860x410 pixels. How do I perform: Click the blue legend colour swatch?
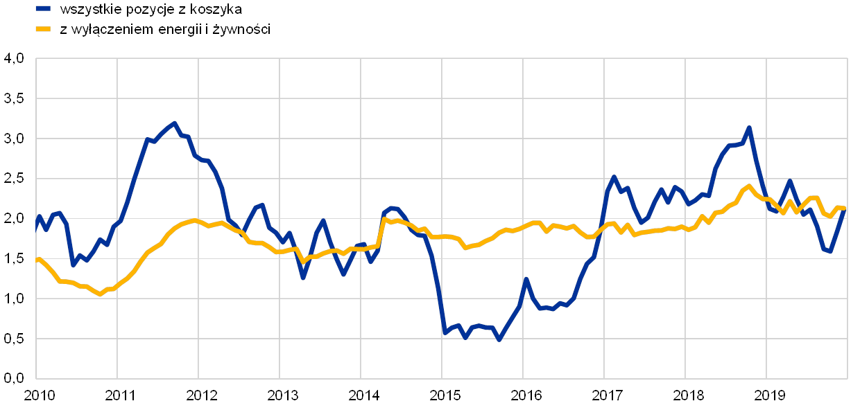pos(44,10)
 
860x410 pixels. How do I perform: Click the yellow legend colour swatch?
pos(44,29)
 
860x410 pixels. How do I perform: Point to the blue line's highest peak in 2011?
pos(174,123)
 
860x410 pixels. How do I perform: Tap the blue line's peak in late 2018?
pos(749,127)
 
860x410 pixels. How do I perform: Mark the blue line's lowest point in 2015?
pos(499,339)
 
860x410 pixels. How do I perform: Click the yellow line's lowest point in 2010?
pos(101,294)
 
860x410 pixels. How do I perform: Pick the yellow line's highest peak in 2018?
pos(749,186)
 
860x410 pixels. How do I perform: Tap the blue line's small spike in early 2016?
pos(526,279)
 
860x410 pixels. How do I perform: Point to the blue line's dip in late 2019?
pos(830,251)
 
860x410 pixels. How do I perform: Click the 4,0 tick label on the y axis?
pos(14,60)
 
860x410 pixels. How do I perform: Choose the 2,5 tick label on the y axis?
pos(14,179)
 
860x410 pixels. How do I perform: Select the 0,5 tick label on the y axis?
pos(14,339)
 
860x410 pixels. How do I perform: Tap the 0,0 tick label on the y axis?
pos(14,378)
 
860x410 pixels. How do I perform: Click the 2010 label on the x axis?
pos(40,395)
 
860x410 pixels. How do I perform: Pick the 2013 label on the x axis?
pos(282,395)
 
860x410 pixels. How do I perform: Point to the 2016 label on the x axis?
pos(526,395)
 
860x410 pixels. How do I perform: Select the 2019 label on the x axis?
pos(769,395)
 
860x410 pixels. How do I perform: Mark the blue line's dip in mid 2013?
pos(303,278)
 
